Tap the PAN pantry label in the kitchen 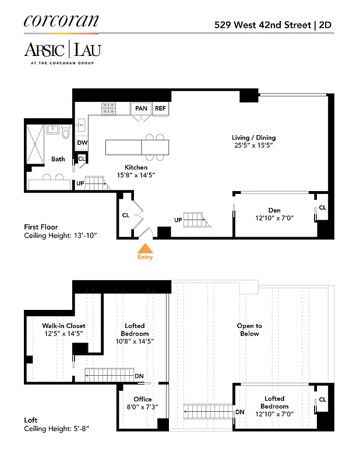(x=141, y=108)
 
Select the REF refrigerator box (x=160, y=108)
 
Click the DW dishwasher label (x=82, y=143)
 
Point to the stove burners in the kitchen (x=110, y=108)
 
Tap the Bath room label (x=58, y=159)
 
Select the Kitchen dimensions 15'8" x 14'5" (x=132, y=175)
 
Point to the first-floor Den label (x=274, y=210)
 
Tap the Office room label (x=143, y=400)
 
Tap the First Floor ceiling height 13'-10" (x=60, y=236)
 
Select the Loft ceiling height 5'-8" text (x=57, y=429)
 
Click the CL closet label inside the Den (x=323, y=207)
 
